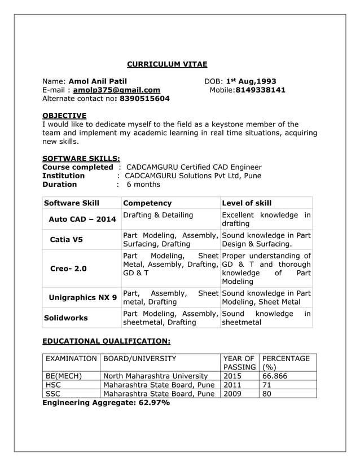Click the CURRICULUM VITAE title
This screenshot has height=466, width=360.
point(166,64)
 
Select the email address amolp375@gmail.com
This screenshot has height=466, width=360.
point(116,90)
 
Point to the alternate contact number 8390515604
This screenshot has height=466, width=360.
point(142,99)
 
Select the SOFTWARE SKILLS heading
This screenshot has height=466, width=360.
point(81,159)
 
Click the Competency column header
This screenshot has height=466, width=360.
point(147,203)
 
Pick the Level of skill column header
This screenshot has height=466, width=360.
point(247,203)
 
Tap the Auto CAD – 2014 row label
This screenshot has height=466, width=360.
point(82,219)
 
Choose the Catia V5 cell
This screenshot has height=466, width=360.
point(66,239)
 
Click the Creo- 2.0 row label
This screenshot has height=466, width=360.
point(68,269)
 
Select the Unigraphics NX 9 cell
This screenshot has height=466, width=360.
point(82,297)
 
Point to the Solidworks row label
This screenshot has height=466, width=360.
point(66,318)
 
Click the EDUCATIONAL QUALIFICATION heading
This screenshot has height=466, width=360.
point(107,341)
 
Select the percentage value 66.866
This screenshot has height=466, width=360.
point(275,376)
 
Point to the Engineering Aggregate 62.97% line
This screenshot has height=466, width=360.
point(106,403)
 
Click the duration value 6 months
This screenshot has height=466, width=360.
point(143,184)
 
